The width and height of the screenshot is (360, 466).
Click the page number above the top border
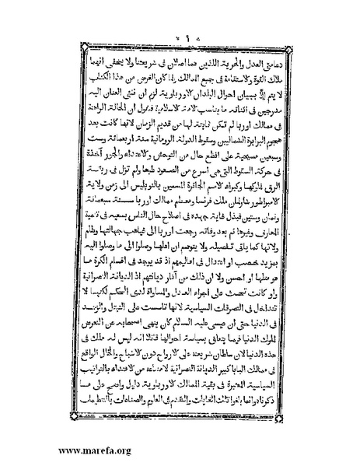pyautogui.click(x=181, y=40)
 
